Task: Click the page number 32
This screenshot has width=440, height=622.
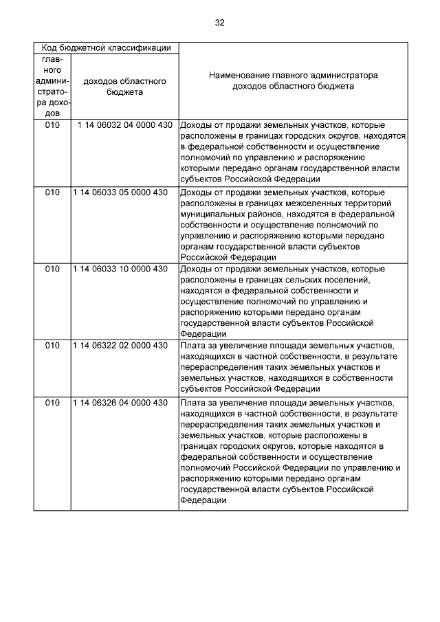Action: (219, 23)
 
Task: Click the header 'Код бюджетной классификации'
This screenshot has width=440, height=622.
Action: (107, 48)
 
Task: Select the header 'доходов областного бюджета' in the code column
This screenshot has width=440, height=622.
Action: (124, 86)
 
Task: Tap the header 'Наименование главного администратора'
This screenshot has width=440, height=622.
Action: (293, 76)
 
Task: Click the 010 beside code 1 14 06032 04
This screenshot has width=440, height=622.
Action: (52, 126)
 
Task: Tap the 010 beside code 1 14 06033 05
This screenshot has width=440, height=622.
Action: (52, 193)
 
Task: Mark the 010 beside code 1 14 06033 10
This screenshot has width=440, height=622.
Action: (52, 269)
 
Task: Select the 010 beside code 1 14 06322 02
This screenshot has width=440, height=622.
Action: (52, 346)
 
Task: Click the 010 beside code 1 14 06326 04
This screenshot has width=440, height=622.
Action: (52, 402)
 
